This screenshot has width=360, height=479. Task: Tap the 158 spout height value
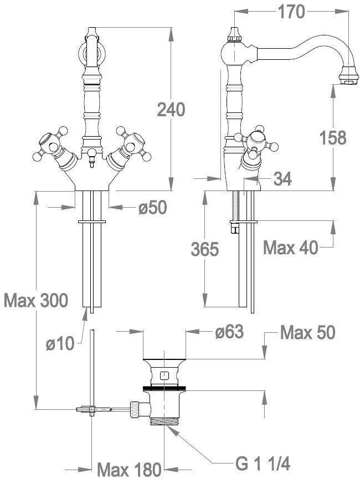pyautogui.click(x=332, y=137)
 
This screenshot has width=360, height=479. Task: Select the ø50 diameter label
pyautogui.click(x=152, y=208)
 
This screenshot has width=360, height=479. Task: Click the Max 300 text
pyautogui.click(x=36, y=301)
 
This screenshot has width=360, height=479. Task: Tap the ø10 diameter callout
pyautogui.click(x=60, y=344)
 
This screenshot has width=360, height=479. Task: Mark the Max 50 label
pyautogui.click(x=307, y=332)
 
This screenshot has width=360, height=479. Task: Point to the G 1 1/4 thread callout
pyautogui.click(x=263, y=463)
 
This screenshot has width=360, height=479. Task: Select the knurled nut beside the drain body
pyautogui.click(x=134, y=409)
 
